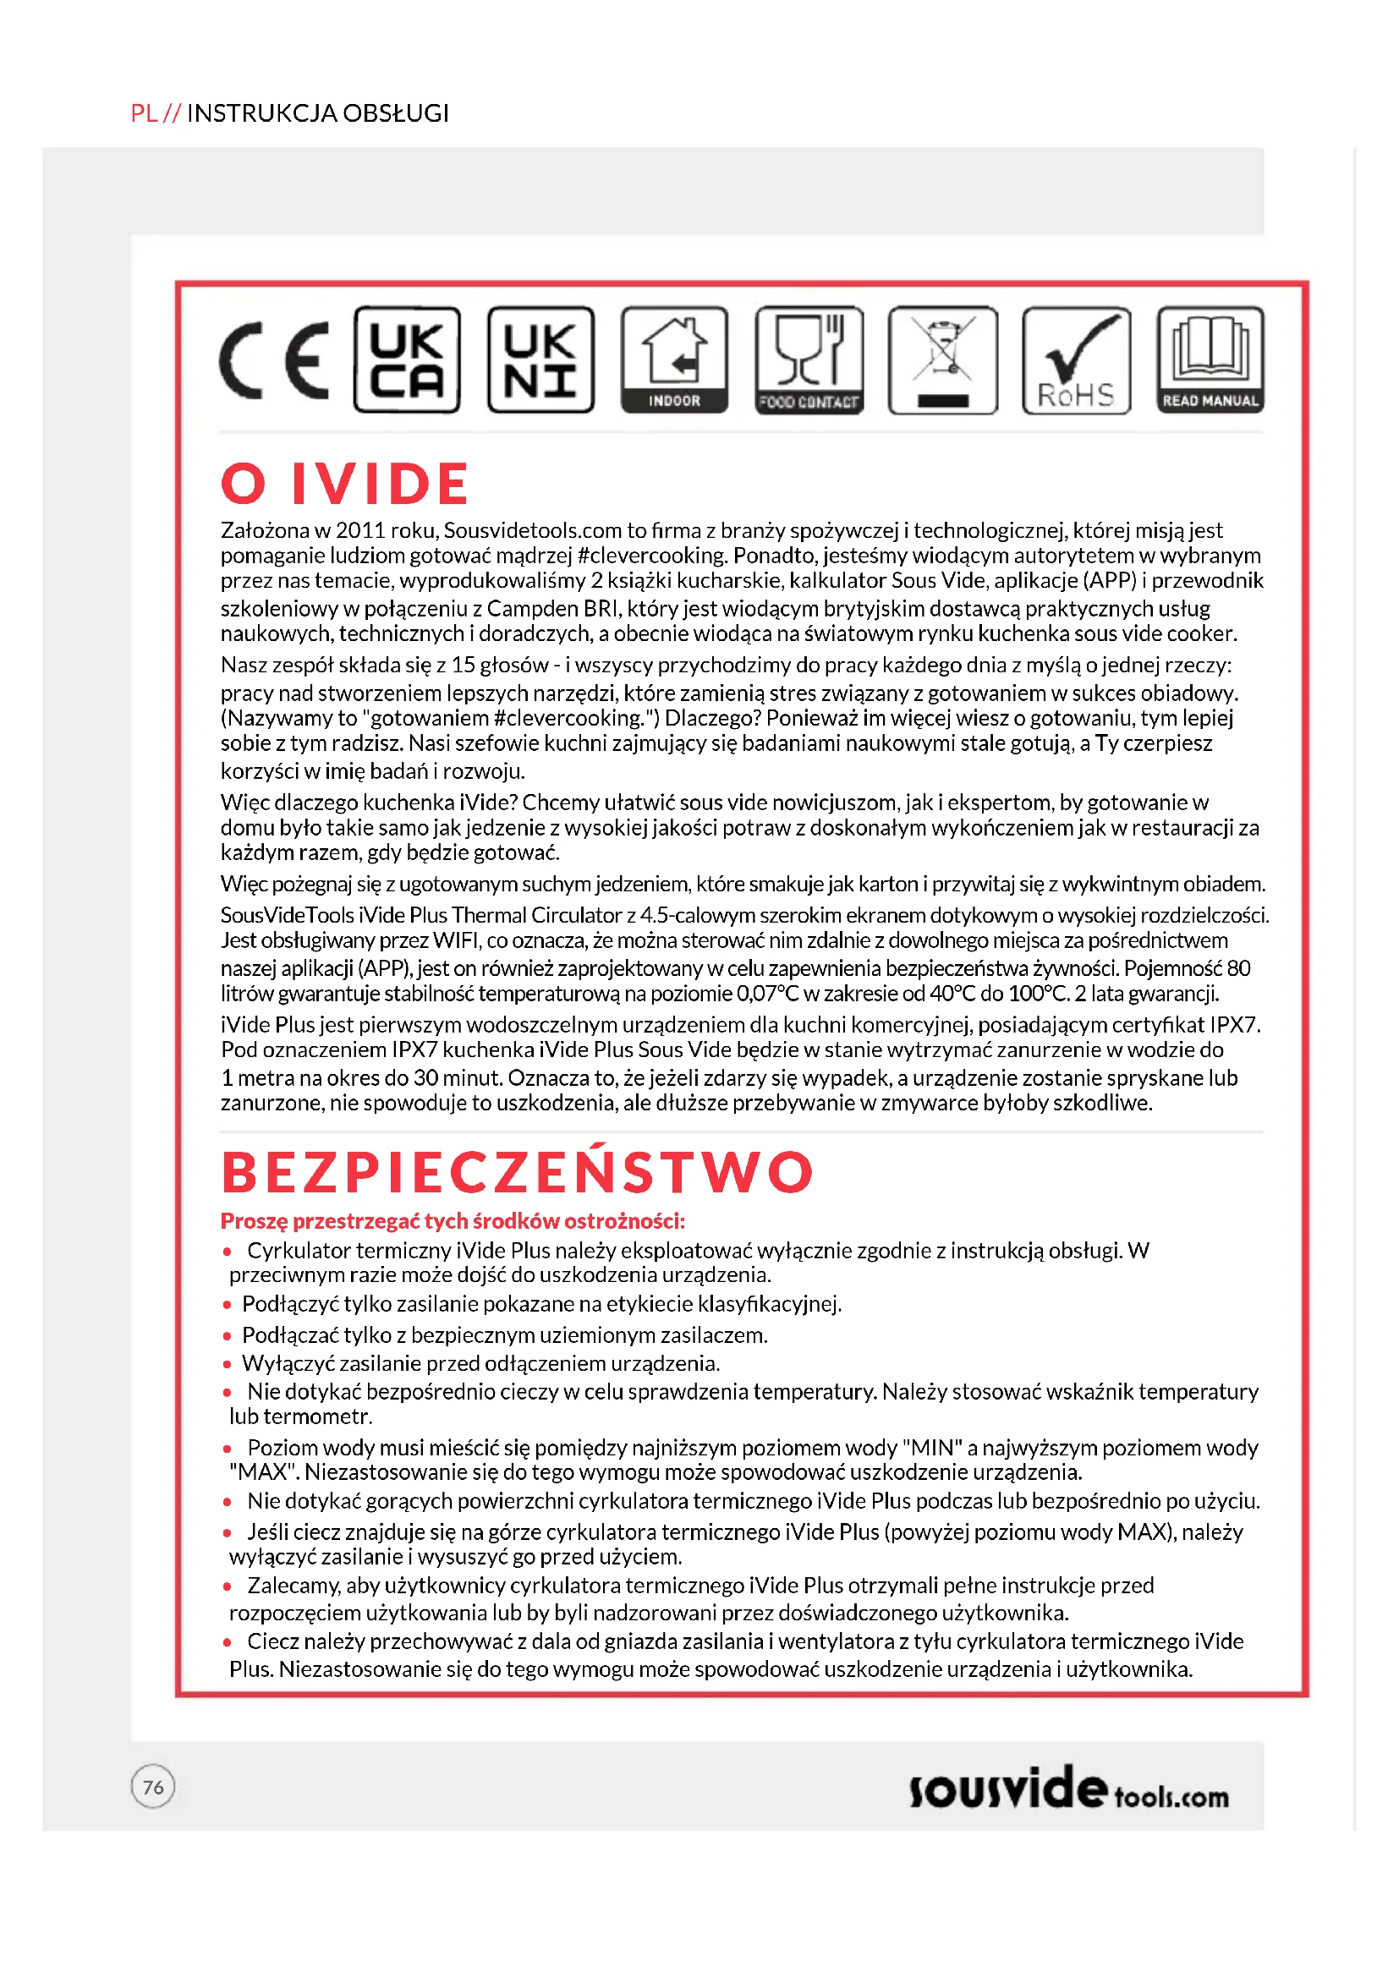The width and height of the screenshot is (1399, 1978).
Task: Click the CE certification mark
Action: pos(274,360)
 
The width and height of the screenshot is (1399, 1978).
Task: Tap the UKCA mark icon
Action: pos(407,360)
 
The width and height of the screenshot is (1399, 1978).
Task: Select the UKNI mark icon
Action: pos(540,360)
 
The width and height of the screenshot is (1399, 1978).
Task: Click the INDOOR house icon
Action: pos(674,360)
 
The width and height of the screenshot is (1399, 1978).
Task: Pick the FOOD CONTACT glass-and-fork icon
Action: pos(809,360)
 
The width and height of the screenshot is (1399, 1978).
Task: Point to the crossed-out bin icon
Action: pos(942,360)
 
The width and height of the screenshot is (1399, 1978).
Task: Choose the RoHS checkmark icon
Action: pos(1076,360)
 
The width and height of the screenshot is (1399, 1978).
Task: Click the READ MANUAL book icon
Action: pos(1210,360)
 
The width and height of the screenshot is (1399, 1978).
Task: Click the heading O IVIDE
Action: pos(344,484)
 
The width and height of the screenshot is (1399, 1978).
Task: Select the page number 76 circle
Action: pos(153,1787)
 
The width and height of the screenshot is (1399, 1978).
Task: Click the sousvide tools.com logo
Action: pos(1068,1790)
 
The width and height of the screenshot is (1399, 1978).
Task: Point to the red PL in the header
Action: pos(144,112)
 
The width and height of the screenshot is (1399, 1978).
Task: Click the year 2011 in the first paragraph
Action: pos(360,531)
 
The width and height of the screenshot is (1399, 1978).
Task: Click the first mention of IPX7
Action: pos(1233,1025)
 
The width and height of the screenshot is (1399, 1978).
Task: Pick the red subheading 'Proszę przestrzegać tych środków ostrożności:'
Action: pos(453,1221)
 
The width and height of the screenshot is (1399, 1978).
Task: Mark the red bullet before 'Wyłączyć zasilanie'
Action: pos(228,1364)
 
